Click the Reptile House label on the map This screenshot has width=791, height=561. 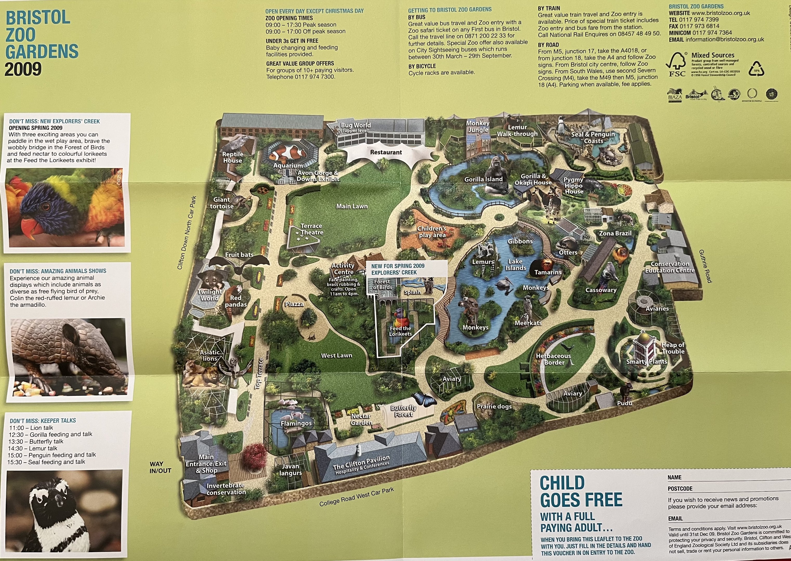(x=233, y=157)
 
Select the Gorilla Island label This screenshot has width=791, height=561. (x=483, y=179)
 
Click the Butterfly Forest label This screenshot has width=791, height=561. (x=403, y=411)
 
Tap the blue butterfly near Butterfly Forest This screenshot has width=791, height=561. (x=423, y=399)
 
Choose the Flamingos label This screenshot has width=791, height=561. (x=296, y=423)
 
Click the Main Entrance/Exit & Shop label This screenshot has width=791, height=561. (x=206, y=464)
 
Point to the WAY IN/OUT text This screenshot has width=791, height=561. (x=160, y=467)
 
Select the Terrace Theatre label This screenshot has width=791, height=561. (x=311, y=229)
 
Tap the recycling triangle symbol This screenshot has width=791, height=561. (x=757, y=69)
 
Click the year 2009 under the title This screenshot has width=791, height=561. (x=23, y=69)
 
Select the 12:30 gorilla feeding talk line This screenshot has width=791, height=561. (x=51, y=435)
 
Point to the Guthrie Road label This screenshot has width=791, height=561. (x=705, y=266)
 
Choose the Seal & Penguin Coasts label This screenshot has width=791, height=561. (x=593, y=137)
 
